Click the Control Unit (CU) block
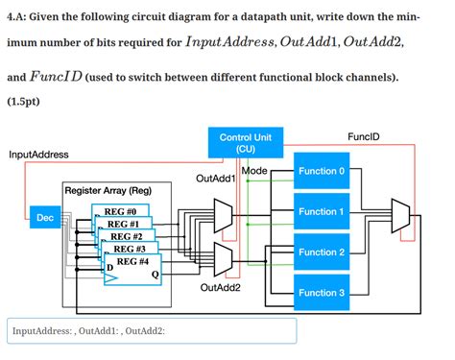click(246, 143)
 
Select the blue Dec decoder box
click(44, 218)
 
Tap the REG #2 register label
click(127, 235)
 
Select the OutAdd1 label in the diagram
click(216, 178)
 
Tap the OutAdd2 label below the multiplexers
click(220, 286)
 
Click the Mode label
click(255, 171)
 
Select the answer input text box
click(152, 331)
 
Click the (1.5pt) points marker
click(24, 99)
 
